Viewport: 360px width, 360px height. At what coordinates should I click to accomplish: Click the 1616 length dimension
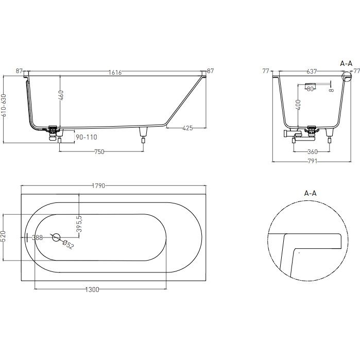115,73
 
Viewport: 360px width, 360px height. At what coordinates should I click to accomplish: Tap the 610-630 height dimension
4,105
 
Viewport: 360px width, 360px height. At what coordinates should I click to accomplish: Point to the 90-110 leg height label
87,137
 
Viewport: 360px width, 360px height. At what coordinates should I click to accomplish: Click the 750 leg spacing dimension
99,152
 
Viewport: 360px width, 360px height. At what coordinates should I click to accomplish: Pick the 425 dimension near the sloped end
187,128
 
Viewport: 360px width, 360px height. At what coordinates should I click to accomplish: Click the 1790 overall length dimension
98,186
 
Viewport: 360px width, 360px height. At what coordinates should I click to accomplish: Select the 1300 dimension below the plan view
92,290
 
